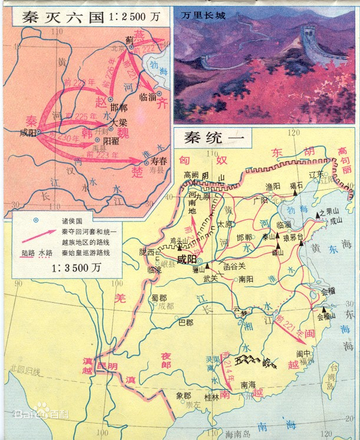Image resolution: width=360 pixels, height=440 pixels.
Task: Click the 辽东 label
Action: [x=317, y=174]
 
